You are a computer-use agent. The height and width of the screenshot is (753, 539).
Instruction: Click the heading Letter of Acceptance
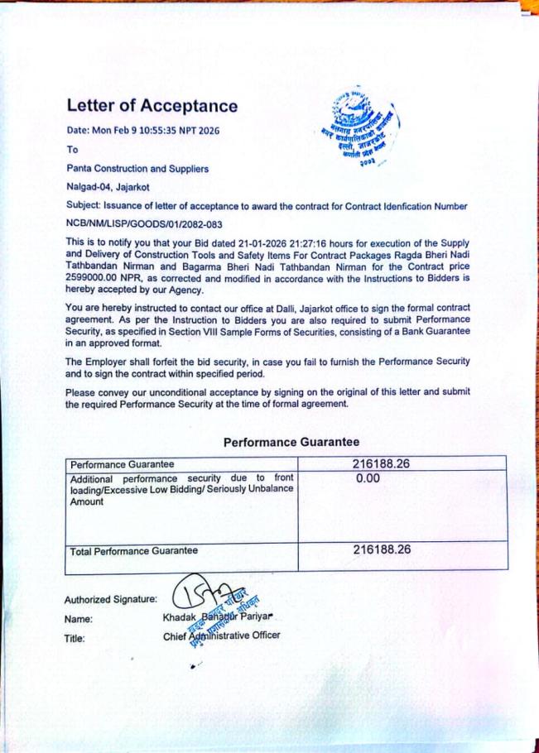point(152,106)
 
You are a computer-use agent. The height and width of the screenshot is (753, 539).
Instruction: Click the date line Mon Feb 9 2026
point(143,131)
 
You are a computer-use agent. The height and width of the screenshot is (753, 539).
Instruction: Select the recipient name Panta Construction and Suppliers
point(137,168)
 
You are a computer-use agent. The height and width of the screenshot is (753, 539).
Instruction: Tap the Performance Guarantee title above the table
point(291,442)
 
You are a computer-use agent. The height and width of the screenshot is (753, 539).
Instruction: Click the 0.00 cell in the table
point(368,479)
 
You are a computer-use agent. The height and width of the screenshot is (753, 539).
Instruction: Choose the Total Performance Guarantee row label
point(134,550)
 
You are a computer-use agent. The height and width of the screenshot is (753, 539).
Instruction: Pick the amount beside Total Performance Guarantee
point(382,549)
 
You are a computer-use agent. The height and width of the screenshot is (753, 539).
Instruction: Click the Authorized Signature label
point(110,599)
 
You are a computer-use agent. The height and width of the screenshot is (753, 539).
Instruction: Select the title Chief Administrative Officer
point(222,635)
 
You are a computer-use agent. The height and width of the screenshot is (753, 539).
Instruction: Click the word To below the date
point(72,150)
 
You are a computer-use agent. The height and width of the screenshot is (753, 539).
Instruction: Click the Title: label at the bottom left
point(75,638)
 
